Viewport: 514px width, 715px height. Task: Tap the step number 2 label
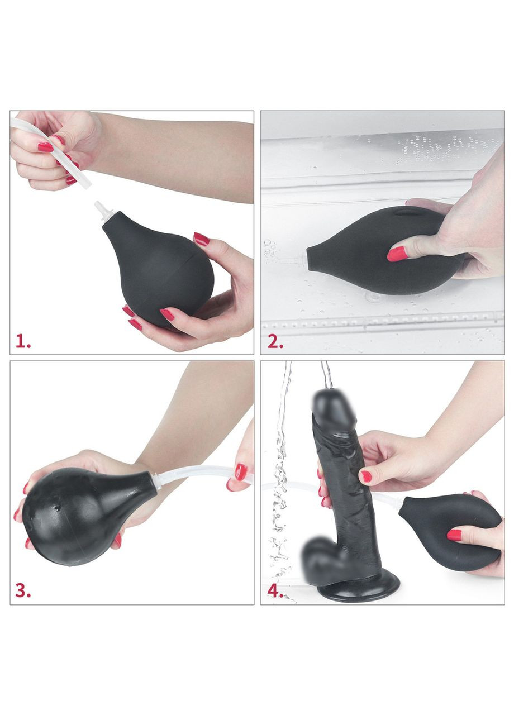[x=275, y=342]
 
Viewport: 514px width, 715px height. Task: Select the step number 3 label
[x=23, y=591]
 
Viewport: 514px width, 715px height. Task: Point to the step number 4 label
[x=274, y=591]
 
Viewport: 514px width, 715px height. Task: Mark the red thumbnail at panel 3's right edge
[x=241, y=473]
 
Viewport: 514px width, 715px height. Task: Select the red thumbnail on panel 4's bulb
[x=454, y=535]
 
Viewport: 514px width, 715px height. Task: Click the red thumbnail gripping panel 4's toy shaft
[x=367, y=476]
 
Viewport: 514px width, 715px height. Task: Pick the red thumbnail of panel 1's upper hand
[x=45, y=147]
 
